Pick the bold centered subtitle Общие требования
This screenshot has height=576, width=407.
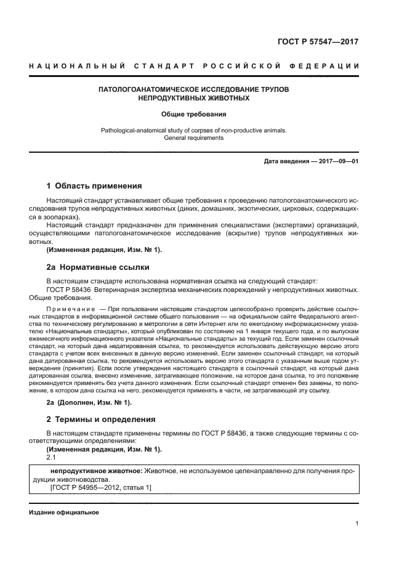click(x=194, y=114)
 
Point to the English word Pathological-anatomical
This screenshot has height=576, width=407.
click(x=135, y=130)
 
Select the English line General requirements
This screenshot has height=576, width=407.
click(x=194, y=138)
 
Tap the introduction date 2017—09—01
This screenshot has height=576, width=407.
click(x=336, y=161)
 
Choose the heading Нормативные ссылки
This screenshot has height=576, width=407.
click(x=109, y=267)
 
